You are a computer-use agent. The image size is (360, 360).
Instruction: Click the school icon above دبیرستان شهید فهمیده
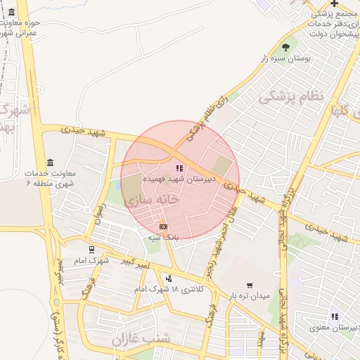179,168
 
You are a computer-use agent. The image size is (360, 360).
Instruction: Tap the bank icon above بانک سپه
163,226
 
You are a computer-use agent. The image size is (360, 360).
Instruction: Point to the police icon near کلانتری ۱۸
169,278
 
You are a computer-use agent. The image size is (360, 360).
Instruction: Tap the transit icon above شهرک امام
91,249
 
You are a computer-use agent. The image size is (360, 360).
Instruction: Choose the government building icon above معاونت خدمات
49,162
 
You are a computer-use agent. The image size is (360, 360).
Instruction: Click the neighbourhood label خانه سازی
152,200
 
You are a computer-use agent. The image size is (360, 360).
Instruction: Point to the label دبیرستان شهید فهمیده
175,180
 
